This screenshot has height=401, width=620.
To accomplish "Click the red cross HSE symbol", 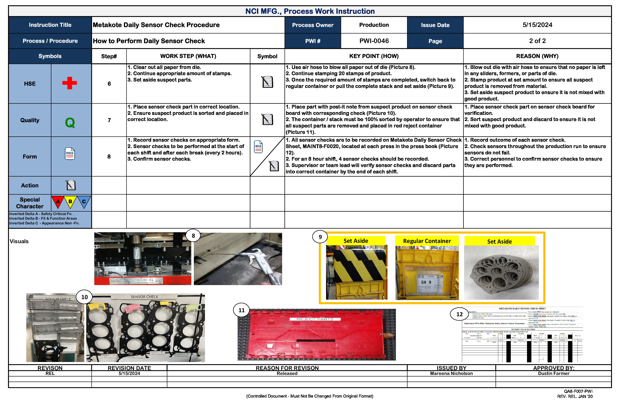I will point(69,83).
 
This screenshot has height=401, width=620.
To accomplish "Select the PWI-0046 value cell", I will point(374,41).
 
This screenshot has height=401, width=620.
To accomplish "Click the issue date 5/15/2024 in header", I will point(537,25).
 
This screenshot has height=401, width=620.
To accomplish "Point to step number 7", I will point(109,120).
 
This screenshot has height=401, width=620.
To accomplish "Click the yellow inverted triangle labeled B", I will point(70,202).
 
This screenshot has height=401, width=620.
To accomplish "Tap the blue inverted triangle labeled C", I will point(84,202).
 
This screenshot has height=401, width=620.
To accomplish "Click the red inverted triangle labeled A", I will point(58,202).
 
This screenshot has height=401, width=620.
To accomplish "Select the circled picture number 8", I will point(193,236).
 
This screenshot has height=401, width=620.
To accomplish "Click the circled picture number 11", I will point(241,310).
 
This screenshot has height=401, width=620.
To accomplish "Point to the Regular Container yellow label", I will point(427,241).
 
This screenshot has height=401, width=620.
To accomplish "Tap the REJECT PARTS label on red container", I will point(315,319).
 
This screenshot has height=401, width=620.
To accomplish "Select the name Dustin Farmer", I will point(554,373).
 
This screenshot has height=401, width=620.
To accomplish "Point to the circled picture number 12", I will point(459,314).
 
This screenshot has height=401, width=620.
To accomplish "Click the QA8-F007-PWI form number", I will point(578,391).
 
